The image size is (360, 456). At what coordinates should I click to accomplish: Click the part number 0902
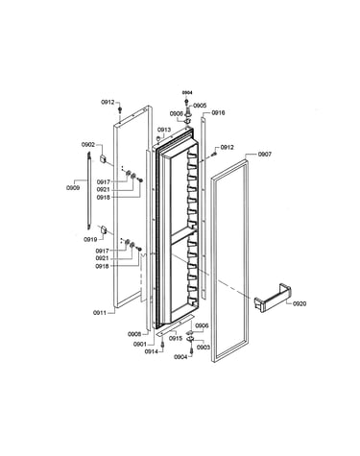point(88,145)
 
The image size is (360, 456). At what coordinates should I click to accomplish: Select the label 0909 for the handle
point(73,188)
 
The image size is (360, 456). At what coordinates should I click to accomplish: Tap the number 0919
point(90,239)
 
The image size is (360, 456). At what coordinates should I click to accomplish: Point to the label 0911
point(100,313)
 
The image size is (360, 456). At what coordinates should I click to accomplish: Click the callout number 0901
point(140,345)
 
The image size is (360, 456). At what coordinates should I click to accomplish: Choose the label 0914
point(152,351)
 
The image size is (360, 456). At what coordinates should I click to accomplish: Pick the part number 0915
point(176,339)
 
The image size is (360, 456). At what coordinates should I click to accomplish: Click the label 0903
point(204,348)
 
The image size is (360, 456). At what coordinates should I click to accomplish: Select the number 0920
point(300,303)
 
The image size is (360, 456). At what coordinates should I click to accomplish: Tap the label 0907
point(265,155)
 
